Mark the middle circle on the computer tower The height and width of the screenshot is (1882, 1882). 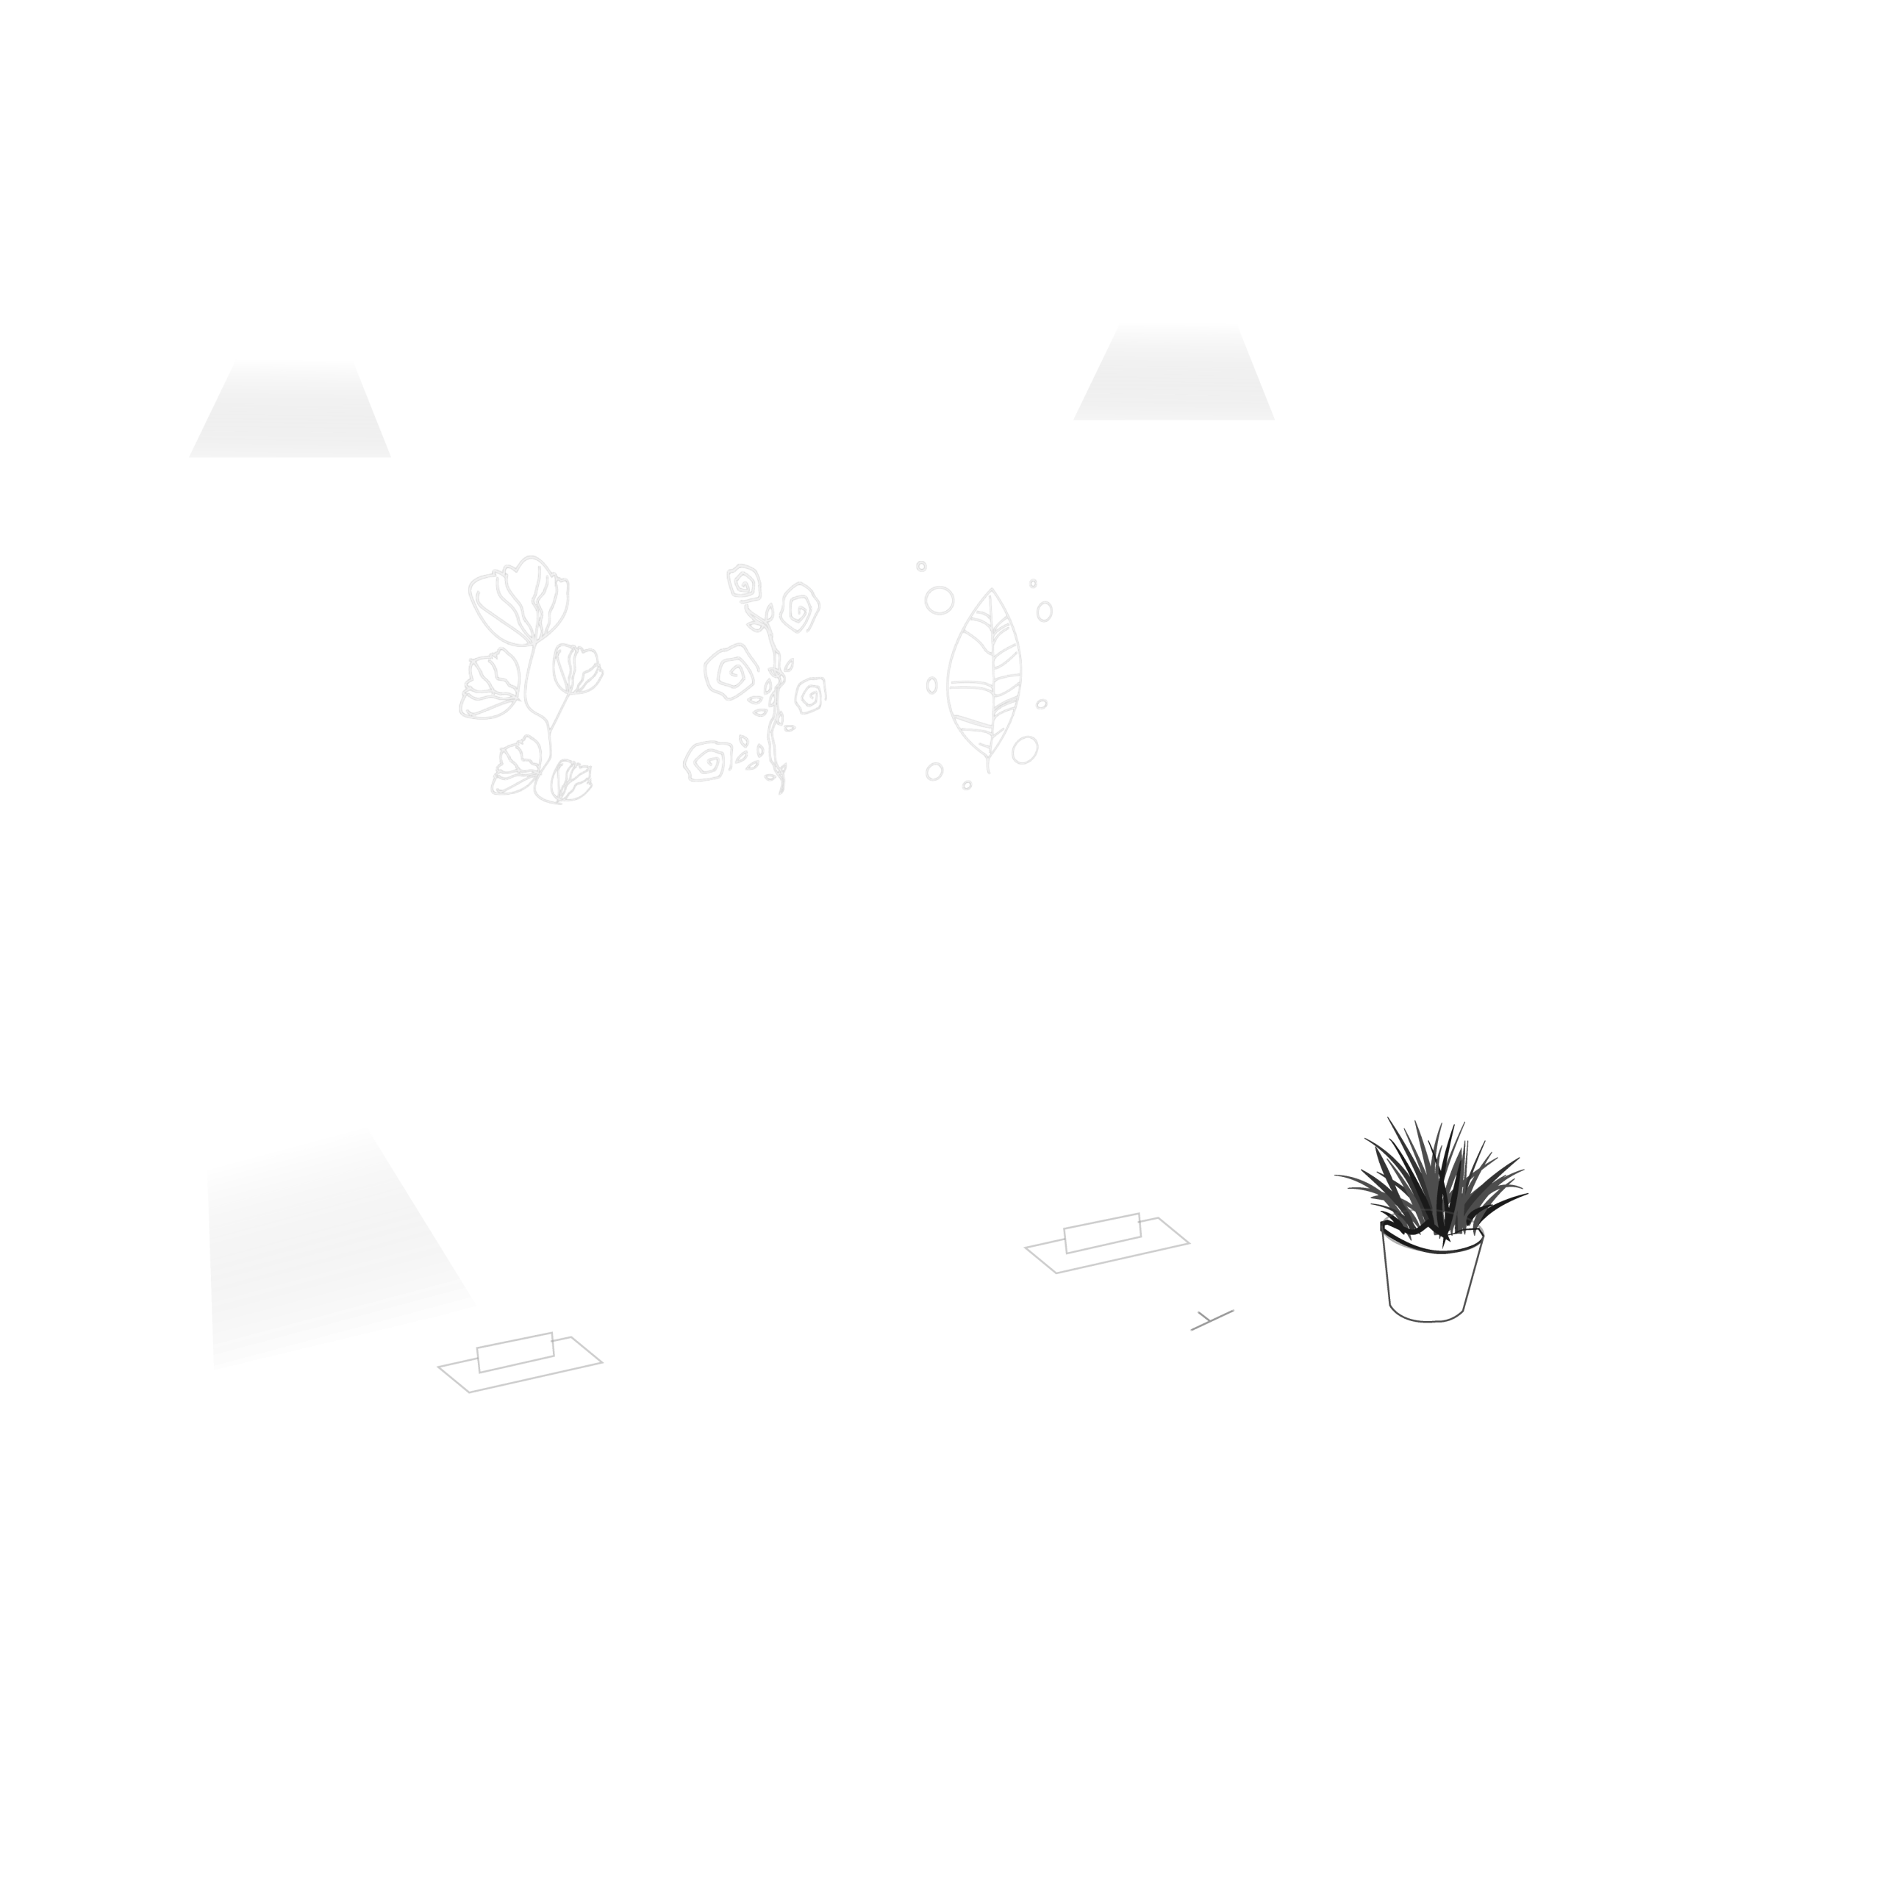pyautogui.click(x=1759, y=1159)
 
